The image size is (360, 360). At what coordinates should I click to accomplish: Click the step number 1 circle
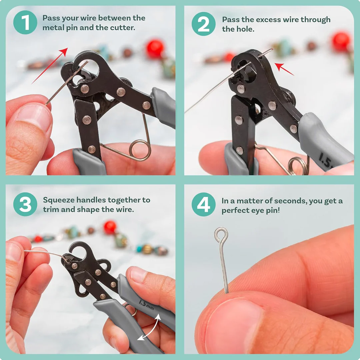(25, 22)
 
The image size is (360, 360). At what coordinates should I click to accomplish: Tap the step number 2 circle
(203, 24)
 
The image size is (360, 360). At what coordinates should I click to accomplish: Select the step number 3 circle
(25, 204)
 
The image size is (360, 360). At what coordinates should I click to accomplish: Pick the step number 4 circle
(203, 204)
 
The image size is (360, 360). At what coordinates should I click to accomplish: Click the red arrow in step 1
(50, 65)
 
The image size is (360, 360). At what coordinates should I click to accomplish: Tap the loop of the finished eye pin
(221, 235)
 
